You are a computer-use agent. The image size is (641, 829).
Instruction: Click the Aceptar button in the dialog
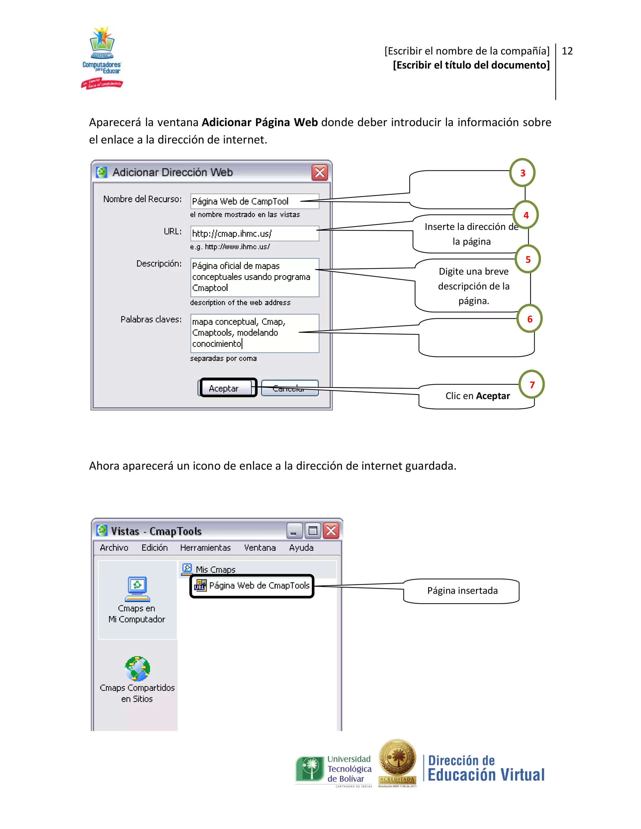coord(228,388)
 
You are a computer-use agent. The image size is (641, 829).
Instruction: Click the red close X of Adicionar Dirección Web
coord(320,172)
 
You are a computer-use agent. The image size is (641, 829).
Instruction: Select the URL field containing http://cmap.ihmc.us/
coord(254,233)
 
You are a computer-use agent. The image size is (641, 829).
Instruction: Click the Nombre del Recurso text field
coord(254,201)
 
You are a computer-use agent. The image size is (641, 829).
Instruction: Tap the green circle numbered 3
coord(522,173)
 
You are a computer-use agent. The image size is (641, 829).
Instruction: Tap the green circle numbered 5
coord(527,259)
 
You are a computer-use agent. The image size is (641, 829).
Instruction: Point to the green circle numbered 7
coord(532,384)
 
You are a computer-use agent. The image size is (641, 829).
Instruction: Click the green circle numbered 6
coord(529,319)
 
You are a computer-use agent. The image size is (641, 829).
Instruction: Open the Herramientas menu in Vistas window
coord(205,547)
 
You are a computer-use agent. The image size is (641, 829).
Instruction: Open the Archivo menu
coord(114,547)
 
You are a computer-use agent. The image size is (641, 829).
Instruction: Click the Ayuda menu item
coord(301,547)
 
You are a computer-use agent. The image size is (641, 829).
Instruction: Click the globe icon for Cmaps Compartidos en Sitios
coord(137,668)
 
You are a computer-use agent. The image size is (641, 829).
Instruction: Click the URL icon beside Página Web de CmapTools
coord(200,585)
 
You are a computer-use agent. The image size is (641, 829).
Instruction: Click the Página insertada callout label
coord(462,591)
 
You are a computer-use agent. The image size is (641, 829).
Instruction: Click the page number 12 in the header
coord(567,51)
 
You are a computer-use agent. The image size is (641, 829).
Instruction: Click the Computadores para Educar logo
coord(102,57)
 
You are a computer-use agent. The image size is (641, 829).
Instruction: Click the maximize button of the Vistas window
coord(313,531)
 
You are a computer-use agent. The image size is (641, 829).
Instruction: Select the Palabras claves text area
coord(254,333)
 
